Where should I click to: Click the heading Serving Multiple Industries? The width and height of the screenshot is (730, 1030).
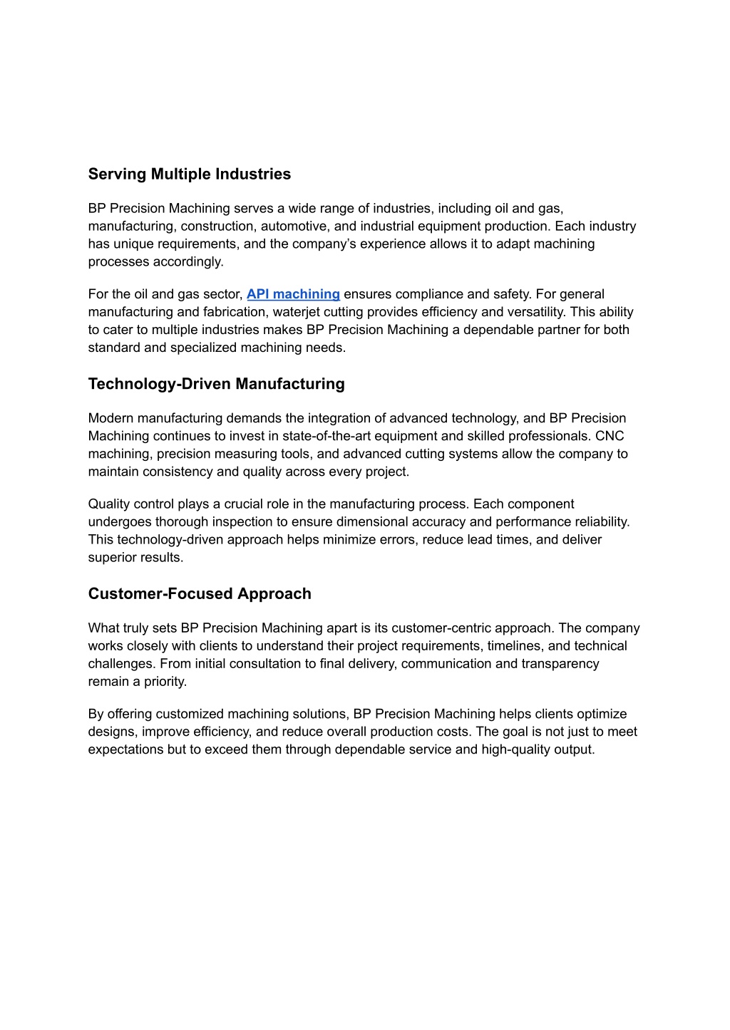pyautogui.click(x=189, y=175)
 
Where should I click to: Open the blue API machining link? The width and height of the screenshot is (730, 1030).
pyautogui.click(x=293, y=294)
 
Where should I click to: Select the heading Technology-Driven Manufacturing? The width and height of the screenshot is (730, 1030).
pyautogui.click(x=216, y=384)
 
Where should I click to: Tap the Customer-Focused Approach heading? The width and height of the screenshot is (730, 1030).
pyautogui.click(x=200, y=594)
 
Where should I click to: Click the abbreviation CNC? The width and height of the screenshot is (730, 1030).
pyautogui.click(x=610, y=436)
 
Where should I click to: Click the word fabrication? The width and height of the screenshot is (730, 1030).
pyautogui.click(x=235, y=312)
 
